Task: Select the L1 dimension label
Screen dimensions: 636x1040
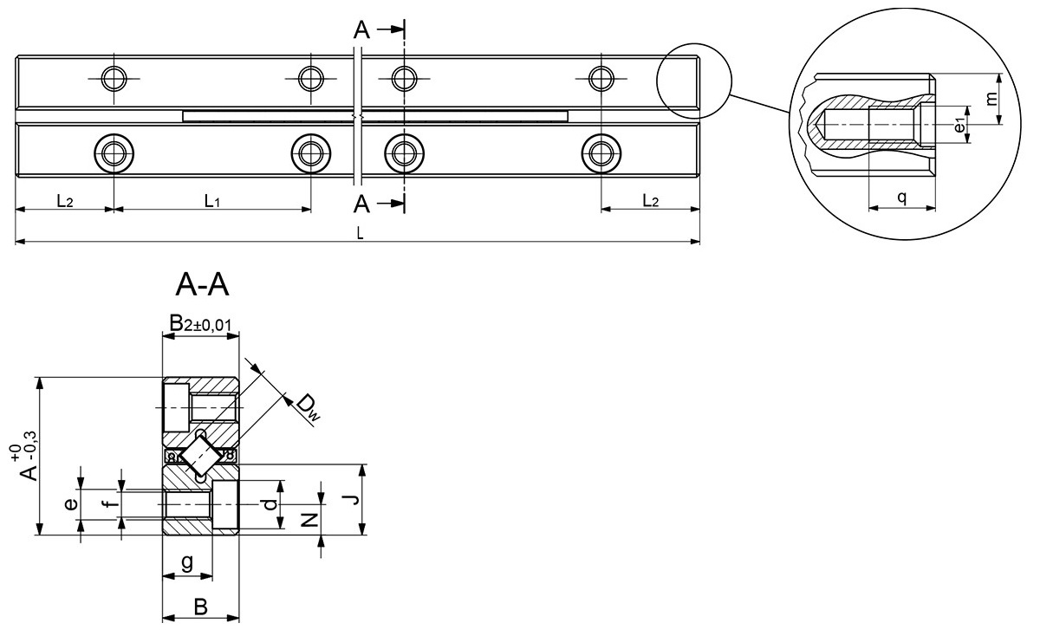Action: click(212, 201)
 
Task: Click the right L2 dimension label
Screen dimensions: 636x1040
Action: click(650, 201)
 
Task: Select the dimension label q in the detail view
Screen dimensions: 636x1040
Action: click(902, 198)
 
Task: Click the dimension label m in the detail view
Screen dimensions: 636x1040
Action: click(1014, 98)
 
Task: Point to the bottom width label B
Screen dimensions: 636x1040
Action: click(200, 607)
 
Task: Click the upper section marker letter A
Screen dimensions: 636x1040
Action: click(362, 30)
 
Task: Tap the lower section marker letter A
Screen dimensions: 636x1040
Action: click(362, 204)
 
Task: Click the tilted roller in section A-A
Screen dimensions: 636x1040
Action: click(201, 453)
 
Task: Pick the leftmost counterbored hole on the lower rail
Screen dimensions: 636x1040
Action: click(114, 154)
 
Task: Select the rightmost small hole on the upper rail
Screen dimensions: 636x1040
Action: click(599, 79)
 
